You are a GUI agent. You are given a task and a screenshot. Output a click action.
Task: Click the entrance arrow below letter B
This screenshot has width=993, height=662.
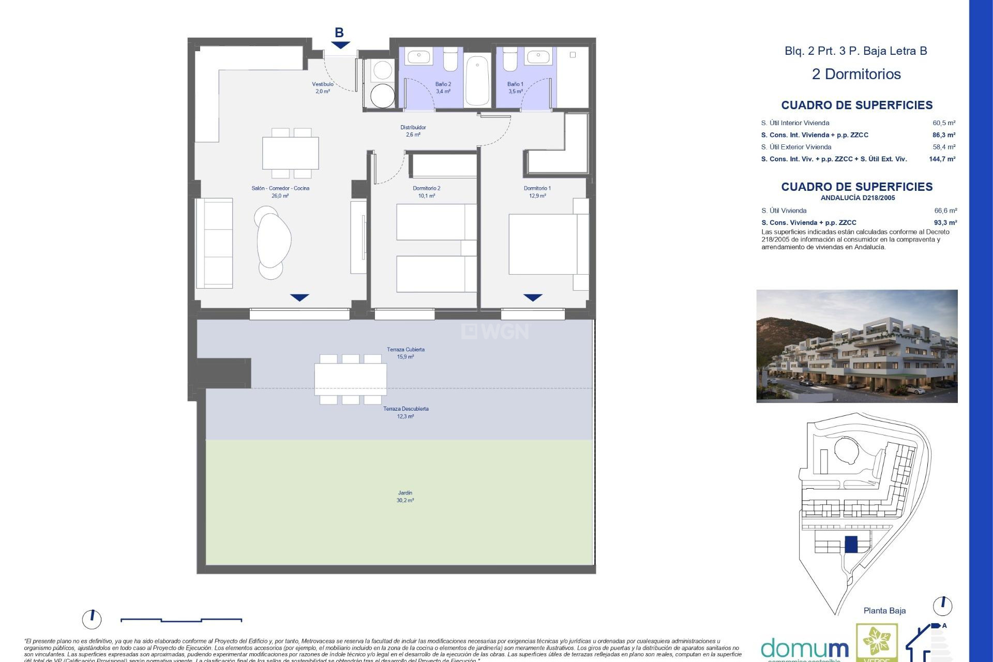[340, 46]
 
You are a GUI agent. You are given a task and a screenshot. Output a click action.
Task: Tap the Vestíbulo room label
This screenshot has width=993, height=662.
[323, 84]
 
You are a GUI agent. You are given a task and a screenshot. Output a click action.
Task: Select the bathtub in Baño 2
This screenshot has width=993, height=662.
[477, 81]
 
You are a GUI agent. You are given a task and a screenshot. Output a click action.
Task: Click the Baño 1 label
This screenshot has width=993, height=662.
[515, 84]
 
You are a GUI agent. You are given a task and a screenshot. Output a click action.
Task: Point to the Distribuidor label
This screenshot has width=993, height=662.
[413, 127]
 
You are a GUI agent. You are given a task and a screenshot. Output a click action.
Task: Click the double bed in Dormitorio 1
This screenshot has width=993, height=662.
[543, 244]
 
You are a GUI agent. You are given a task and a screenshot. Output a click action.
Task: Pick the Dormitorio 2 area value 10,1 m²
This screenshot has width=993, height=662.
[427, 196]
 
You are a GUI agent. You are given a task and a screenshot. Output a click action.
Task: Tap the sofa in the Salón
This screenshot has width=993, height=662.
[214, 243]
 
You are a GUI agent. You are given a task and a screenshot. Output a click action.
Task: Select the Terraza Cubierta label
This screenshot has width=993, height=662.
[405, 350]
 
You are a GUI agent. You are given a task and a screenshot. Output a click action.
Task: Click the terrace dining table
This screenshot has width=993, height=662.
[351, 379]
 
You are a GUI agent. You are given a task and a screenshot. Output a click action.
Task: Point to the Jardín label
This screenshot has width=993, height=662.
[405, 493]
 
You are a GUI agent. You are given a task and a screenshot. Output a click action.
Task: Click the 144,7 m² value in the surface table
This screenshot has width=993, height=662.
[942, 159]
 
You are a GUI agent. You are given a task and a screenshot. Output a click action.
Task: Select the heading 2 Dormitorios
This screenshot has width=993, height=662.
[856, 74]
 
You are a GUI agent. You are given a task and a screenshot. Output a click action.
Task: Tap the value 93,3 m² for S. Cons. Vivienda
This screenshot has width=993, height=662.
[945, 223]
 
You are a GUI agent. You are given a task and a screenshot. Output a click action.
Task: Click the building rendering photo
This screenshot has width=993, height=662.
[856, 346]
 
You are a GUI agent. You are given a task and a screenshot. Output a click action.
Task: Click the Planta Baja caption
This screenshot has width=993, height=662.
[884, 611]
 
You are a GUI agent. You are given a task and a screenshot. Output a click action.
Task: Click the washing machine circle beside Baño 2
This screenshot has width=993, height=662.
[383, 96]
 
